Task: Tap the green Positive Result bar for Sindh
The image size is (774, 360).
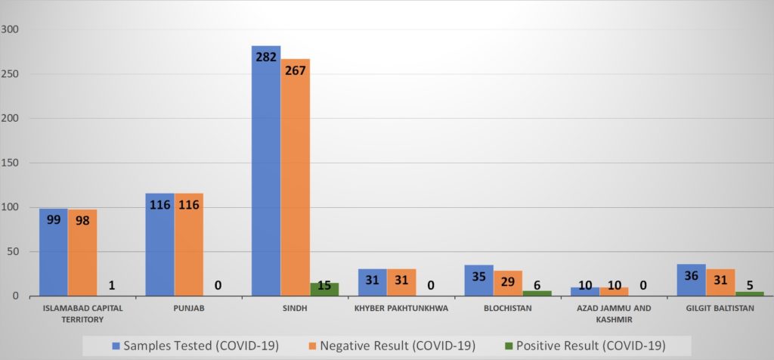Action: click(324, 290)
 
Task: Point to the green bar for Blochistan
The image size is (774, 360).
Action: click(536, 293)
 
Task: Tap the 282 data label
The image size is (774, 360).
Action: click(265, 56)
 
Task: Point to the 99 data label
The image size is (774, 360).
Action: click(53, 219)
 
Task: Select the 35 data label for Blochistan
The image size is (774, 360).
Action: click(478, 276)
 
